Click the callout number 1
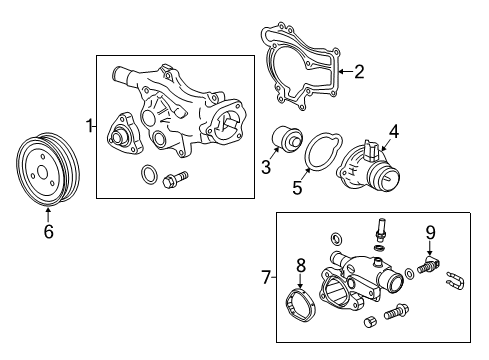[x=89, y=126]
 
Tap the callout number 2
[x=359, y=70]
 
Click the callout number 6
[x=47, y=233]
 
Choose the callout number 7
[x=265, y=276]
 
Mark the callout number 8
[x=299, y=266]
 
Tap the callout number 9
[x=430, y=233]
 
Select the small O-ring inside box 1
[x=148, y=178]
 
